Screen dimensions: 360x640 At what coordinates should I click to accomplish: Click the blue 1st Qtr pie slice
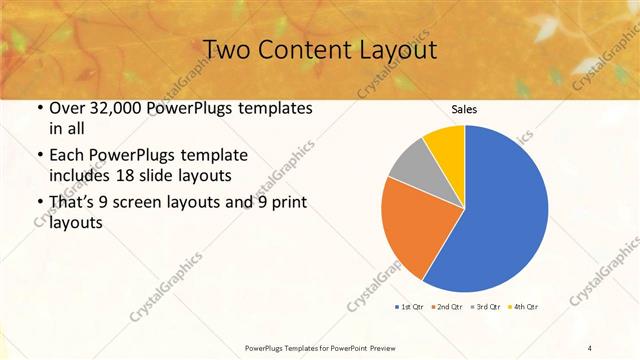(500, 210)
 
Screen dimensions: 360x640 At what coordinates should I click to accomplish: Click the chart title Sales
(464, 108)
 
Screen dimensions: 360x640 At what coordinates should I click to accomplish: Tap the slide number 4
(590, 347)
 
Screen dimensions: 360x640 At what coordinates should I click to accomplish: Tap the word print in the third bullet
(286, 203)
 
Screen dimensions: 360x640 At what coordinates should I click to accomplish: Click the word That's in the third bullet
(73, 203)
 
